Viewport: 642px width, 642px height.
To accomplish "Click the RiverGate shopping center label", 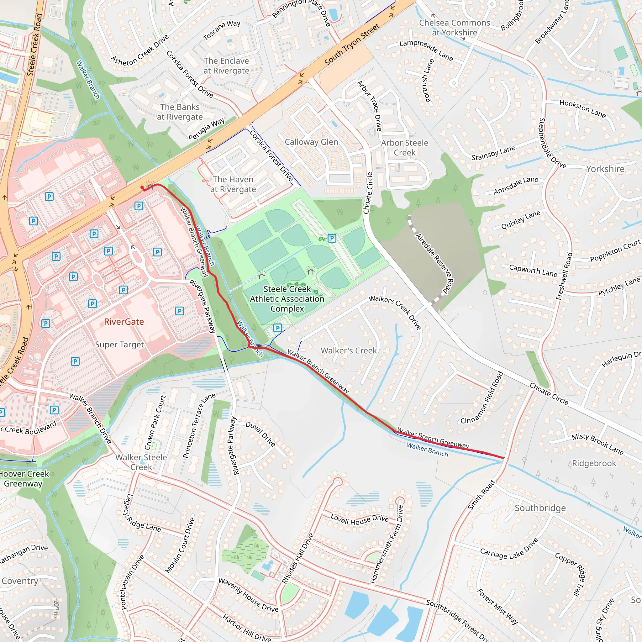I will (124, 322).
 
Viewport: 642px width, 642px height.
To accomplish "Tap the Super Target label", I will (119, 345).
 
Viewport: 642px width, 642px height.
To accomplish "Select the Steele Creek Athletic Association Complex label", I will (287, 299).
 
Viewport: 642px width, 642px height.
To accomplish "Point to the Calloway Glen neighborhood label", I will (311, 142).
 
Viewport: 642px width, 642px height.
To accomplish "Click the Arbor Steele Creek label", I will (404, 148).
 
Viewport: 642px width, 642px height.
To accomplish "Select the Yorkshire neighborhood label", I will (605, 169).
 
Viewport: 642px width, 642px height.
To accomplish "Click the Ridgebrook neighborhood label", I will (594, 463).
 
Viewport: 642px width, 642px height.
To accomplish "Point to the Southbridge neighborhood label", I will (540, 508).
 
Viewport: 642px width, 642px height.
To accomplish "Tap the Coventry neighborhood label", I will (20, 581).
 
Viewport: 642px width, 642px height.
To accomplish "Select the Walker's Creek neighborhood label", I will (349, 350).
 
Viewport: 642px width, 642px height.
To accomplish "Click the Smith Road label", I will (481, 495).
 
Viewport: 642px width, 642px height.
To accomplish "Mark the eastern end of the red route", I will (503, 458).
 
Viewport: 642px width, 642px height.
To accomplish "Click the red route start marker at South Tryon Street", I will (143, 188).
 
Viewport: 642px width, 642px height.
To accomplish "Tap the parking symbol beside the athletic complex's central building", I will (332, 238).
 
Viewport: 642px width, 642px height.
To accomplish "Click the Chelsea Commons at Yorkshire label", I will (454, 28).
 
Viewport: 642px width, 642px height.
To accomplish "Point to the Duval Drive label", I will (260, 434).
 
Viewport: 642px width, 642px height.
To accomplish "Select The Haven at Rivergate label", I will (233, 184).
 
